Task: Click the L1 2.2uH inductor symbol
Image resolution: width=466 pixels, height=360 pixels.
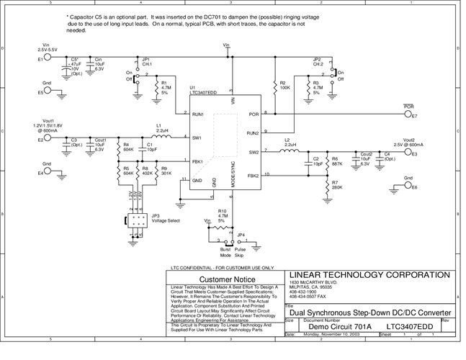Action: pyautogui.click(x=163, y=137)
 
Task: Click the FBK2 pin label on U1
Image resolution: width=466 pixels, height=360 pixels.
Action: pyautogui.click(x=253, y=175)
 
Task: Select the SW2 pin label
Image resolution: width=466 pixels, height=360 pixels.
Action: pyautogui.click(x=254, y=152)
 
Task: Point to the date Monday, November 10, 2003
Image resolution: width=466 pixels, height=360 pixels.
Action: pyautogui.click(x=333, y=335)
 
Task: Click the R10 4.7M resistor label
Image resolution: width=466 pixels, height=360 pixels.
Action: pyautogui.click(x=223, y=215)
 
